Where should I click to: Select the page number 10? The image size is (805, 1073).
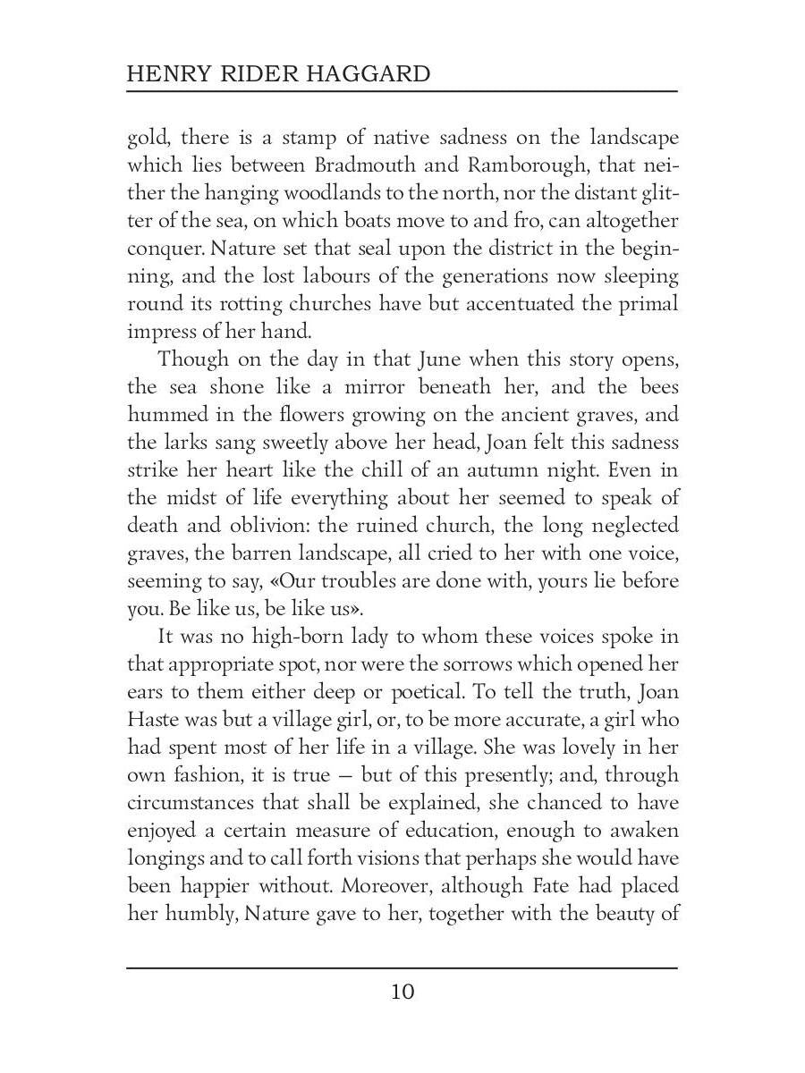[x=402, y=992]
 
